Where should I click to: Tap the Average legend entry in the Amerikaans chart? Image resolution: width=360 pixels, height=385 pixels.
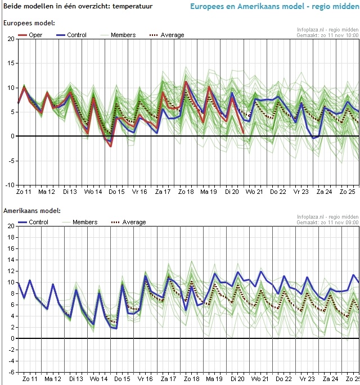pos(129,222)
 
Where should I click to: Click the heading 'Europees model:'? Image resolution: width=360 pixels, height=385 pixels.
pos(29,23)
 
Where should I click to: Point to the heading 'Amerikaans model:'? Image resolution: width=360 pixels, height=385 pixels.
pos(31,211)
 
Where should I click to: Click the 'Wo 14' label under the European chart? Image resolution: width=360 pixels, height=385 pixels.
pos(93,192)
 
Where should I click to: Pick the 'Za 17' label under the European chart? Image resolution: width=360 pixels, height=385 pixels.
pos(163,192)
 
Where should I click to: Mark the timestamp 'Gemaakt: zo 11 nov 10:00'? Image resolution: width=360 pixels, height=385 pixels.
pos(327,35)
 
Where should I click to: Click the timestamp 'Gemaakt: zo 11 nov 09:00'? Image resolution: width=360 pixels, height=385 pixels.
pos(327,223)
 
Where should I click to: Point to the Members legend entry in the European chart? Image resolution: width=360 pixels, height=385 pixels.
pos(123,35)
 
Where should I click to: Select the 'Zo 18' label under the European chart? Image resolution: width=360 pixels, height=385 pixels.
pos(186,192)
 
